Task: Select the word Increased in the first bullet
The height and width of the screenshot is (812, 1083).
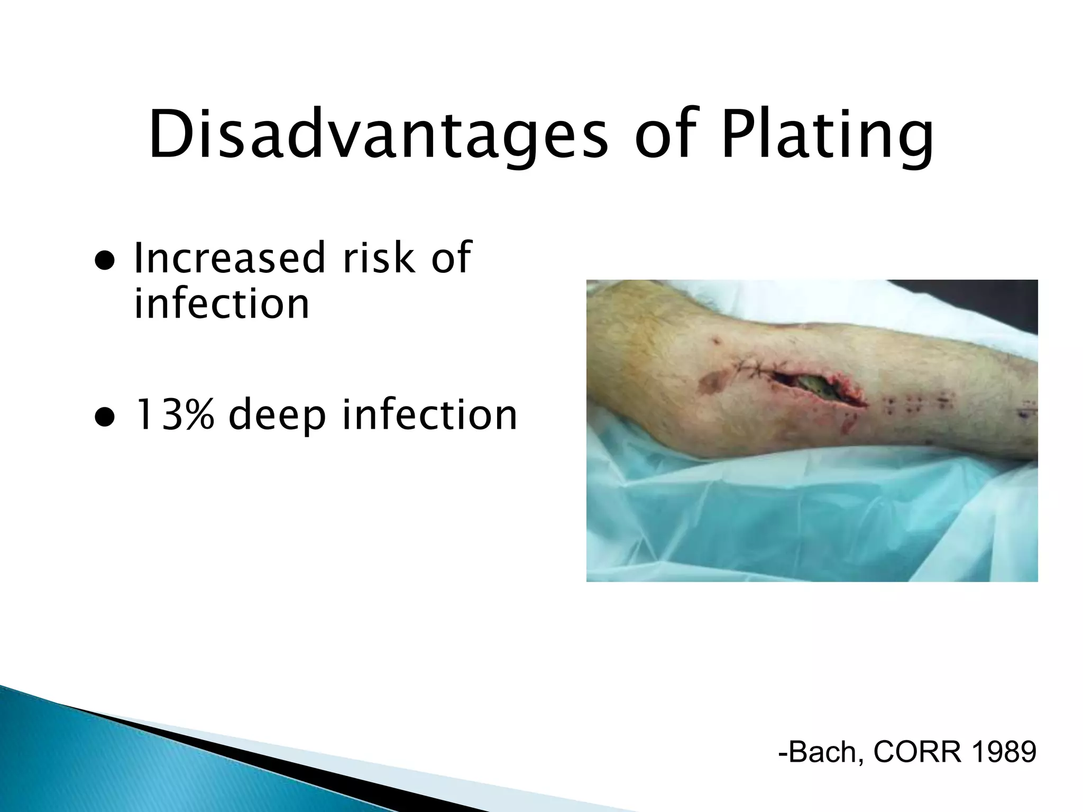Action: tap(229, 258)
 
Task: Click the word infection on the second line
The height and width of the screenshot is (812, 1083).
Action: tap(221, 304)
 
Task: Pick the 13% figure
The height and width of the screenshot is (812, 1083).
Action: tap(175, 415)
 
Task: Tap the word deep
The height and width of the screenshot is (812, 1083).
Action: tap(277, 415)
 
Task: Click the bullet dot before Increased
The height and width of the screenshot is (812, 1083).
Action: tap(105, 261)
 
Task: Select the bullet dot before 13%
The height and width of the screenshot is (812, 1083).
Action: tap(105, 418)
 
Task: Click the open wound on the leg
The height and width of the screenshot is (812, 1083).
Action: tap(817, 387)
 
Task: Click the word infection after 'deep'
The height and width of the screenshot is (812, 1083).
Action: tap(429, 415)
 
